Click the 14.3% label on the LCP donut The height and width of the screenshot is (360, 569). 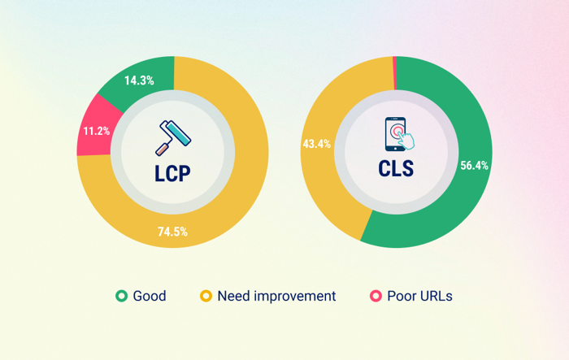click(138, 80)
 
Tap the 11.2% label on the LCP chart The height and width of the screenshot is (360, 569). click(96, 130)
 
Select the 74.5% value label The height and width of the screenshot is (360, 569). click(172, 232)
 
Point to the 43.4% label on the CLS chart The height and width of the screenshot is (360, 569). click(315, 144)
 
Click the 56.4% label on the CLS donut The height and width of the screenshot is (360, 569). click(473, 165)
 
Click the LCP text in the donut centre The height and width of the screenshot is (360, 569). click(172, 173)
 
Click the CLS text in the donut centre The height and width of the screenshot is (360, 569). click(395, 169)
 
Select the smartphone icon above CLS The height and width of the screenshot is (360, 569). click(395, 133)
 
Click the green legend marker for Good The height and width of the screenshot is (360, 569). click(121, 296)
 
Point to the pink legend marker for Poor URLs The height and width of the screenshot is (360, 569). click(376, 296)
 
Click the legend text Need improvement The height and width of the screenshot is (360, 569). click(276, 296)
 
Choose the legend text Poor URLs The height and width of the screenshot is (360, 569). click(419, 296)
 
